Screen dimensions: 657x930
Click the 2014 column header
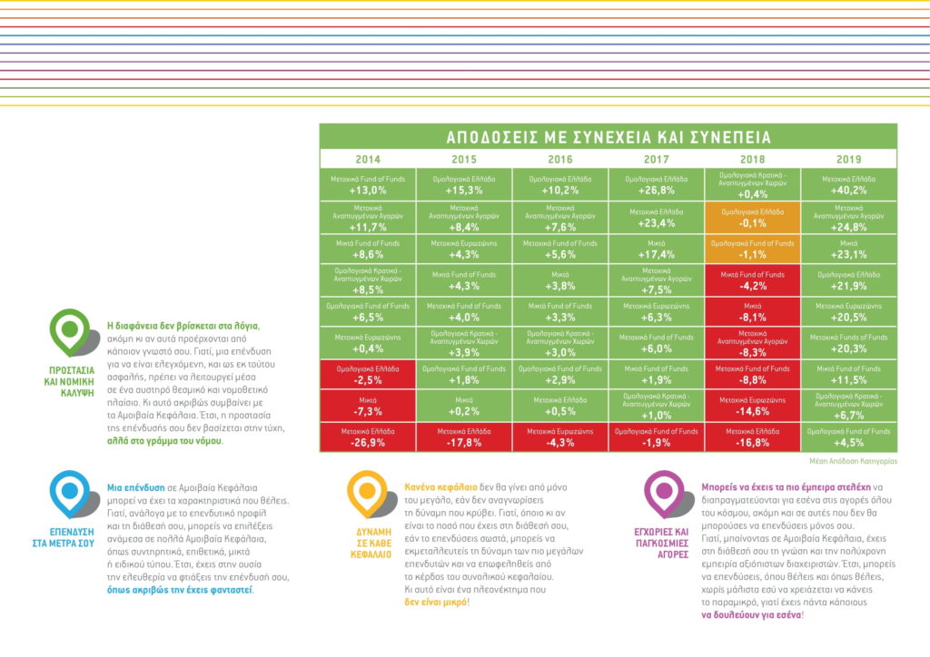pyautogui.click(x=368, y=159)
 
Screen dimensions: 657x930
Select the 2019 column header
pyautogui.click(x=848, y=159)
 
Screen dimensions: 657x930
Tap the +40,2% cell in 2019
pyautogui.click(x=848, y=185)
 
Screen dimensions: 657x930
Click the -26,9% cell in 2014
pyautogui.click(x=368, y=437)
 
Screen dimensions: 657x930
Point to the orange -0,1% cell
pyautogui.click(x=753, y=217)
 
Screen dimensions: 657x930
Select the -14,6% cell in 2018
pyautogui.click(x=753, y=405)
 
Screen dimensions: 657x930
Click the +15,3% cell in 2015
pyautogui.click(x=464, y=185)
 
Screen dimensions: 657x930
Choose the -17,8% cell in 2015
pyautogui.click(x=464, y=437)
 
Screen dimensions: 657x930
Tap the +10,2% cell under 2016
pyautogui.click(x=560, y=185)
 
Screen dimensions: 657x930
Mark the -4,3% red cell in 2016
pyautogui.click(x=560, y=437)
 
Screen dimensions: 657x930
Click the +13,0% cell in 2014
pyautogui.click(x=368, y=185)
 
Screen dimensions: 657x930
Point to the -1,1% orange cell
pyautogui.click(x=753, y=249)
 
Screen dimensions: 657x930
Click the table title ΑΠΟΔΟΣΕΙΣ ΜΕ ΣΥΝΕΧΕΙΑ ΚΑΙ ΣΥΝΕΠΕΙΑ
pyautogui.click(x=608, y=138)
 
